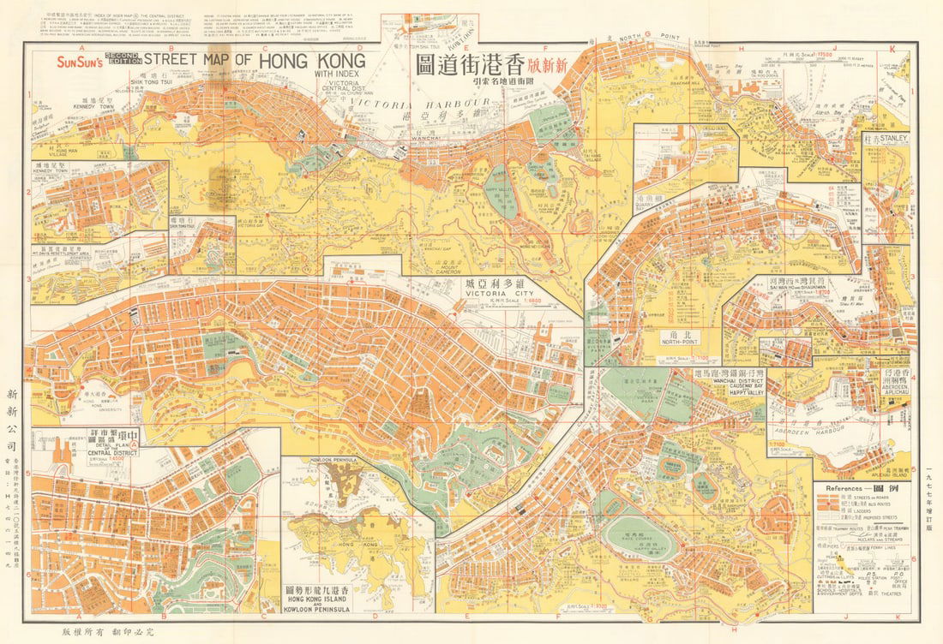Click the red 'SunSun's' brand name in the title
[77, 62]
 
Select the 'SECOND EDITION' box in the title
[120, 59]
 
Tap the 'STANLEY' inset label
[892, 137]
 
